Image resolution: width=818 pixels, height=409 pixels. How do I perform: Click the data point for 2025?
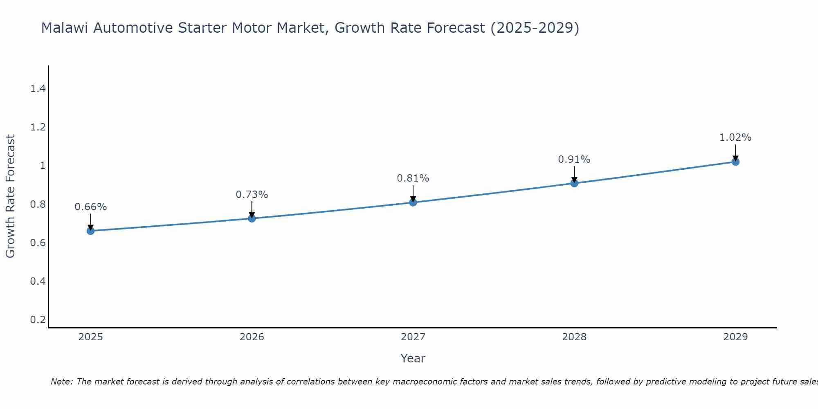click(x=90, y=231)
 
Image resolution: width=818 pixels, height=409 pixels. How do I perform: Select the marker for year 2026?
click(x=252, y=218)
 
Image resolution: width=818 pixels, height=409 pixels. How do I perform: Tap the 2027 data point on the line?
click(x=413, y=202)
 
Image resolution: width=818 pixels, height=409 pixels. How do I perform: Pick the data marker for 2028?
click(x=574, y=183)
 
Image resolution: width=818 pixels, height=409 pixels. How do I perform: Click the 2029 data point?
click(x=735, y=162)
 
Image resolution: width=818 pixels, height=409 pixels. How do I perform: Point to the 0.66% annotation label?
click(x=90, y=207)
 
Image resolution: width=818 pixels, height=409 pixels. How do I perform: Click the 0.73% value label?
click(x=252, y=195)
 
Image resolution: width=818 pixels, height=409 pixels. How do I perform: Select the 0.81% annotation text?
click(x=413, y=178)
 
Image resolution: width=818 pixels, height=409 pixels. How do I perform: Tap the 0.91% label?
click(x=574, y=160)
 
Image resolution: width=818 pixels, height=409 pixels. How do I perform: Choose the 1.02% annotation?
click(x=735, y=137)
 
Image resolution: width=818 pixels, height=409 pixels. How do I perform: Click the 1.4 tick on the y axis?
click(x=38, y=89)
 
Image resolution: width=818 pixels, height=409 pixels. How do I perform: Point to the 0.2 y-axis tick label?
click(x=38, y=319)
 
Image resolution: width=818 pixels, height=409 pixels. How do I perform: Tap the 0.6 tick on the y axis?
click(x=38, y=243)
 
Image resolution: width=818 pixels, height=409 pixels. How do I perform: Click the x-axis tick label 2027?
click(x=413, y=337)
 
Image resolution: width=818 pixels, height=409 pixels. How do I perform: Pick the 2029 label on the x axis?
click(x=735, y=337)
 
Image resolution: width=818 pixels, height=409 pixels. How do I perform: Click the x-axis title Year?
click(x=413, y=358)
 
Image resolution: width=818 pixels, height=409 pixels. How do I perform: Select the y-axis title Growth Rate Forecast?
click(x=10, y=196)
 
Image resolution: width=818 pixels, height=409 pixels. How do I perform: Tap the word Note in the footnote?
click(x=61, y=382)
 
